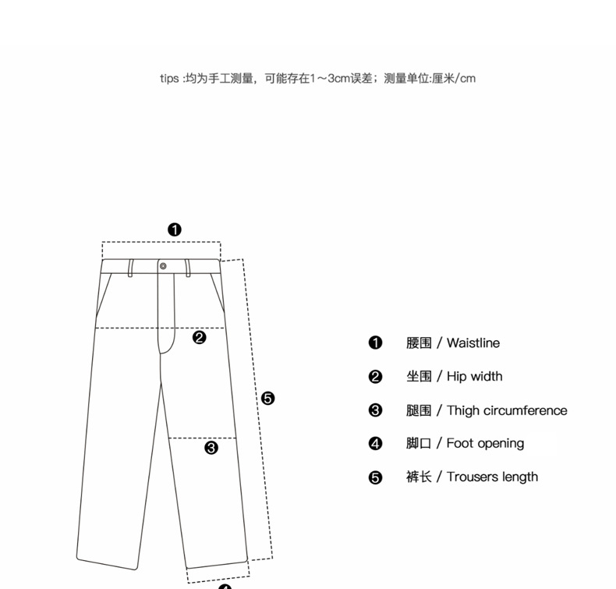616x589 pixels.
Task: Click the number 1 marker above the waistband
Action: [175, 229]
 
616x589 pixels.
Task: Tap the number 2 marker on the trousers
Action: [200, 338]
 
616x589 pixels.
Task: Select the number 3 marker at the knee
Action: [211, 448]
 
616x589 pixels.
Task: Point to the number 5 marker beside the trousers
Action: [267, 399]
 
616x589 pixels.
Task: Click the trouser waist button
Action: [163, 266]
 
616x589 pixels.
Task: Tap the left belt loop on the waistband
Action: [130, 268]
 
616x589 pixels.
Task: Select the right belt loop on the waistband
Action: [188, 268]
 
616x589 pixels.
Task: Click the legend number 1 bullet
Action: [375, 343]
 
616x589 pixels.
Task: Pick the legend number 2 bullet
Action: [375, 377]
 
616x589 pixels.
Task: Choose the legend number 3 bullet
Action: [375, 410]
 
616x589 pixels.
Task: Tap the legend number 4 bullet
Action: [375, 444]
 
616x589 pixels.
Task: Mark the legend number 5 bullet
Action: [375, 477]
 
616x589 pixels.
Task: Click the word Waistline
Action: [473, 343]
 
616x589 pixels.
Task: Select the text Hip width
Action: [474, 377]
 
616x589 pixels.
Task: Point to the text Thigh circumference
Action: [507, 410]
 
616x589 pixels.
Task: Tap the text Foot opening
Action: [485, 444]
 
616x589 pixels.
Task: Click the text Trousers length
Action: [492, 477]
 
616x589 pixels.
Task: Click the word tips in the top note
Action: [169, 78]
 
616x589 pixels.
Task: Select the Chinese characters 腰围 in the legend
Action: [419, 343]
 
